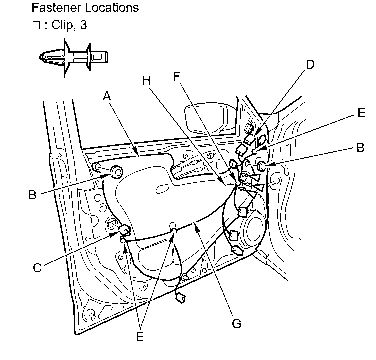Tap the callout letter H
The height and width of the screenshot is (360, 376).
tap(146, 80)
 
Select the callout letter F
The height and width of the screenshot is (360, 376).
tap(176, 76)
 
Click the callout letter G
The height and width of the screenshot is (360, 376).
tap(236, 324)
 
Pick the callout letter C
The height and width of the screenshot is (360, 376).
tap(37, 268)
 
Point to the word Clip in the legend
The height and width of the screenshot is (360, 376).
tap(61, 25)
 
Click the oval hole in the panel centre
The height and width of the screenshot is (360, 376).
tap(163, 188)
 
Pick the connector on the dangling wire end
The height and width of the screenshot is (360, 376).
tap(180, 298)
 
